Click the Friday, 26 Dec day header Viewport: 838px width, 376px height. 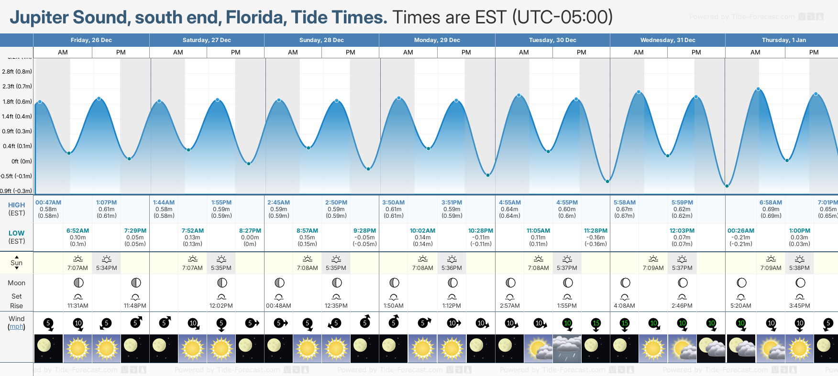point(91,40)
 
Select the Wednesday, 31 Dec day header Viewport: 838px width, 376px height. point(668,40)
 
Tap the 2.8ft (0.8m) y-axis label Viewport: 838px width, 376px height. point(17,72)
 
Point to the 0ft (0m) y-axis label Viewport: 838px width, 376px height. point(22,161)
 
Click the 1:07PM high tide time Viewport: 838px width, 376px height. point(106,203)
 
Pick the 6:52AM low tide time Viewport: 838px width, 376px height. point(77,231)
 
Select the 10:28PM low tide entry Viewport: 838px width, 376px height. point(481,231)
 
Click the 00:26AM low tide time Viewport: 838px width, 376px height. point(740,231)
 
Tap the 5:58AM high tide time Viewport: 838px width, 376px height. point(625,203)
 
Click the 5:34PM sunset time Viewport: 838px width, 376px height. point(106,268)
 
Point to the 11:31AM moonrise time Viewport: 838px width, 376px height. point(77,306)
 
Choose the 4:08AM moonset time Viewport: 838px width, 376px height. point(625,306)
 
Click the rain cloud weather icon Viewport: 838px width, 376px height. point(567,348)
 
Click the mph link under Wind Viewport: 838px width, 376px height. point(16,327)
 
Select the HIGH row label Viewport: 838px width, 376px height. point(16,205)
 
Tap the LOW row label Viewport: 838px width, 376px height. point(16,233)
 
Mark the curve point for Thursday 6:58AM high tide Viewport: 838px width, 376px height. point(758,89)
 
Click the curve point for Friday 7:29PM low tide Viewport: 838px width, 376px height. point(129,159)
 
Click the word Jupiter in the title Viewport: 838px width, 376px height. point(39,18)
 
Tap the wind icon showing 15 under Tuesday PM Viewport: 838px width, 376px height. point(595,323)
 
